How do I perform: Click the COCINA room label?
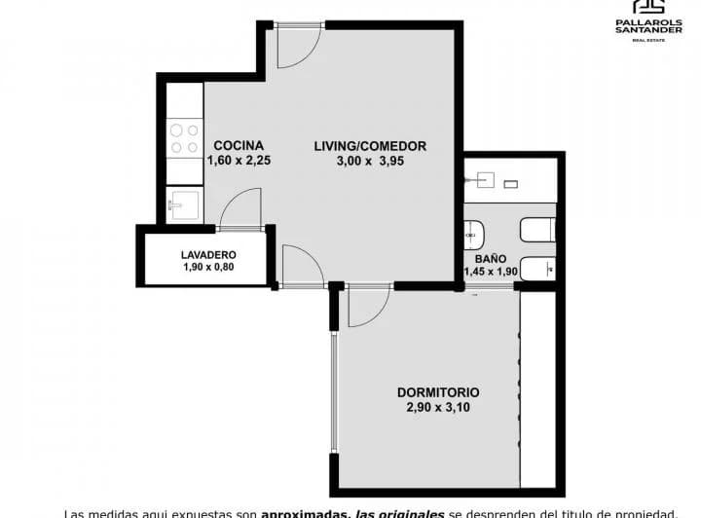pos(239,146)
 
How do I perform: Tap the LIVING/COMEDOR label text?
pos(370,146)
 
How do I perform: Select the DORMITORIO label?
pos(437,392)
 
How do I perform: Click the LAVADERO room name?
pos(208,255)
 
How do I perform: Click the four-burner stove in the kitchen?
pos(183,139)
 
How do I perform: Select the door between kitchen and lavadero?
pos(240,209)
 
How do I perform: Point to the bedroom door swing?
pos(367,307)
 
